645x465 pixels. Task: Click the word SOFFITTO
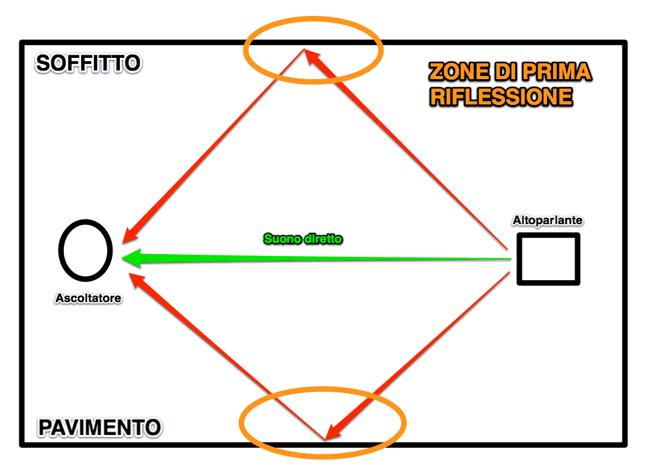[x=88, y=63]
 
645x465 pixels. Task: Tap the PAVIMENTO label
[x=100, y=427]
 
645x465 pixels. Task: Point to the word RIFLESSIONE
[x=501, y=97]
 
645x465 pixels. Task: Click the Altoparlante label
[x=548, y=220]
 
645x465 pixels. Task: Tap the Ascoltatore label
[x=89, y=298]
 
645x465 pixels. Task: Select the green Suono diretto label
[x=303, y=239]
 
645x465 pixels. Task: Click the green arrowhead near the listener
[x=132, y=258]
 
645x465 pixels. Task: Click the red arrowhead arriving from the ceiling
[x=131, y=234]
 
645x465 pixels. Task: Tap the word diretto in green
[x=323, y=239]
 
